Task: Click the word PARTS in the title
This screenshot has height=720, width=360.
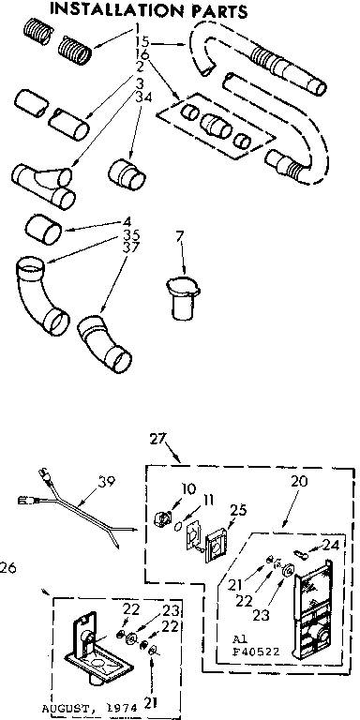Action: click(217, 12)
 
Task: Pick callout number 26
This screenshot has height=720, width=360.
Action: click(9, 565)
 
